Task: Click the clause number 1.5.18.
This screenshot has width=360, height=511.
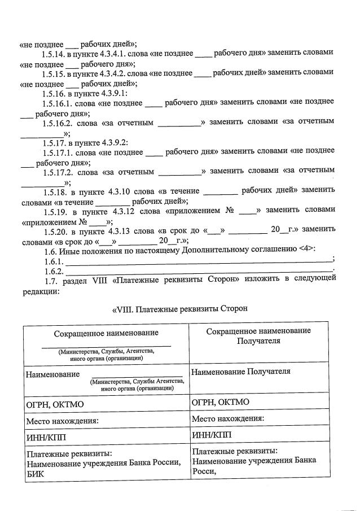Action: [58, 191]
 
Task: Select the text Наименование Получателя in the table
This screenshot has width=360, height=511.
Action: [241, 372]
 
